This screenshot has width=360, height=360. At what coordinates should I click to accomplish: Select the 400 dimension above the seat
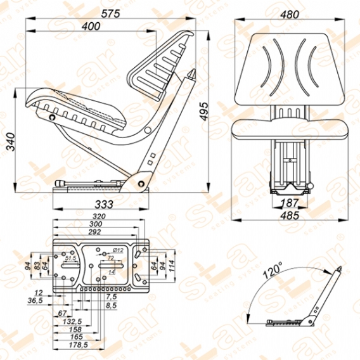92,26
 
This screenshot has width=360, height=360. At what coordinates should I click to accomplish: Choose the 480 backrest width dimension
292,12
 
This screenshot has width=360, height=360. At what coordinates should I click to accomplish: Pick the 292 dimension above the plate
96,233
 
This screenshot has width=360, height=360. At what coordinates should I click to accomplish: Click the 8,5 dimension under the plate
112,305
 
